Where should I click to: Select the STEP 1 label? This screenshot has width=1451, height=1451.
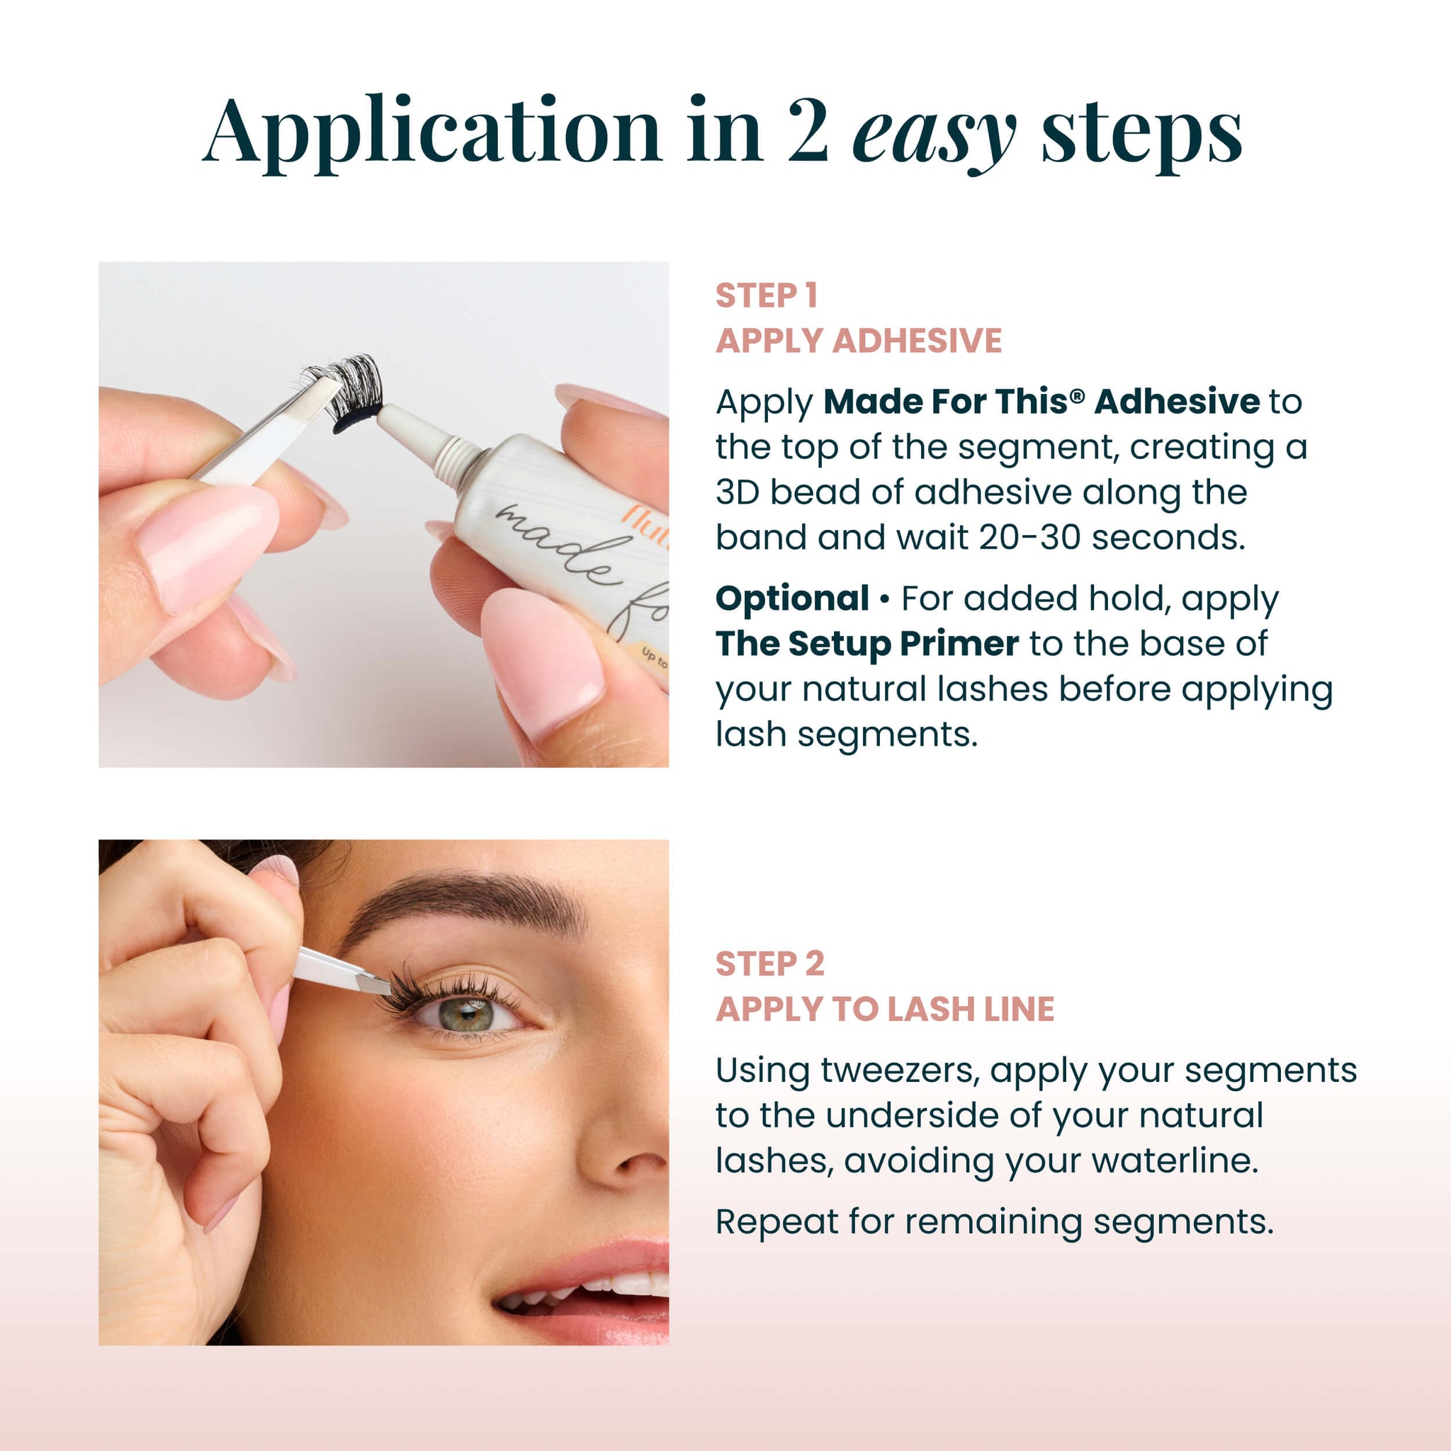click(765, 296)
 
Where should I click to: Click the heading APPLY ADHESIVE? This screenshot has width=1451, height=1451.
click(858, 341)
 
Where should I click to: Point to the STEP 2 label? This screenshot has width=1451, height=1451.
click(769, 964)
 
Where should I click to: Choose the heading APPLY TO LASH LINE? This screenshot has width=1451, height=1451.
click(884, 1009)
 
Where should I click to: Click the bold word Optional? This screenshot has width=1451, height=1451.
click(791, 599)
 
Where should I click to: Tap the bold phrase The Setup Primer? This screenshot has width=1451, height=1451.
click(866, 643)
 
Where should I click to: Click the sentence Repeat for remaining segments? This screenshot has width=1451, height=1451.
click(993, 1221)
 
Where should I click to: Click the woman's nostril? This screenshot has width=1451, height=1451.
click(638, 1165)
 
